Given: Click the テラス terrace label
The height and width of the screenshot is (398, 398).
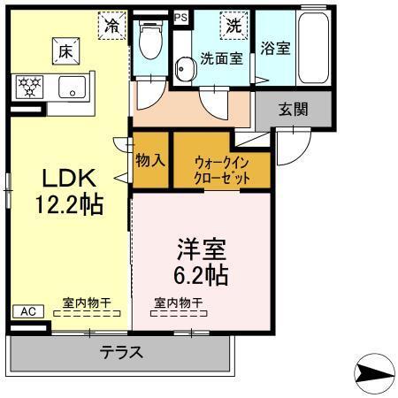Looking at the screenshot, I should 121,352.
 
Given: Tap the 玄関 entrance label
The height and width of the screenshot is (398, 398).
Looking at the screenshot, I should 294,109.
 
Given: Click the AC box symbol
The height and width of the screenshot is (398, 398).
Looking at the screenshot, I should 27,311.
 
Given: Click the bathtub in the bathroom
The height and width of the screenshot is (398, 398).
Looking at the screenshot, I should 314,50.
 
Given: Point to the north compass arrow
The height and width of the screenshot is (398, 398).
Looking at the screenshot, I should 376,369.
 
